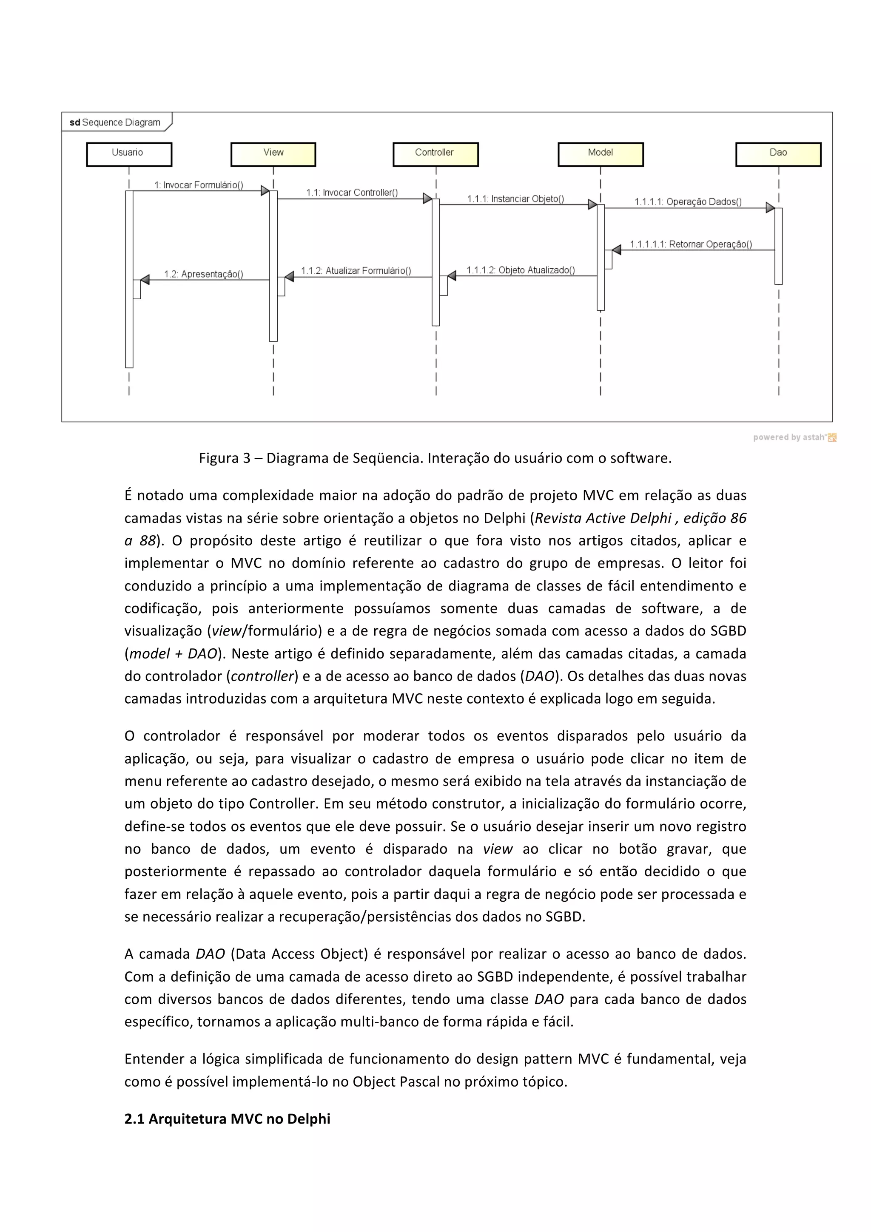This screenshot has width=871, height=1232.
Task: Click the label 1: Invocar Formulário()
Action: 199,185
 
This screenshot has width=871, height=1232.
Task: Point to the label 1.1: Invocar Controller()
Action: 352,193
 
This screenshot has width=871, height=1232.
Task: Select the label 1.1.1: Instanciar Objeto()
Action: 515,199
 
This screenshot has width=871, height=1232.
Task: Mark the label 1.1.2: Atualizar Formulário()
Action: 356,271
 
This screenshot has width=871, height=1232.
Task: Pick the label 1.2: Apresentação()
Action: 203,274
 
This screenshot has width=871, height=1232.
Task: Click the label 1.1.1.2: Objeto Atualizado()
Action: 521,270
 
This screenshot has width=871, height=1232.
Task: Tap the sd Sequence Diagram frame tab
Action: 115,122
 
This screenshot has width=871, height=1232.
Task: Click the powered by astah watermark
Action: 794,437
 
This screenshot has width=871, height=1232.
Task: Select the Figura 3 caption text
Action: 435,458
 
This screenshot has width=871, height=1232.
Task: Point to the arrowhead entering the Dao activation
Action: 770,207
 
